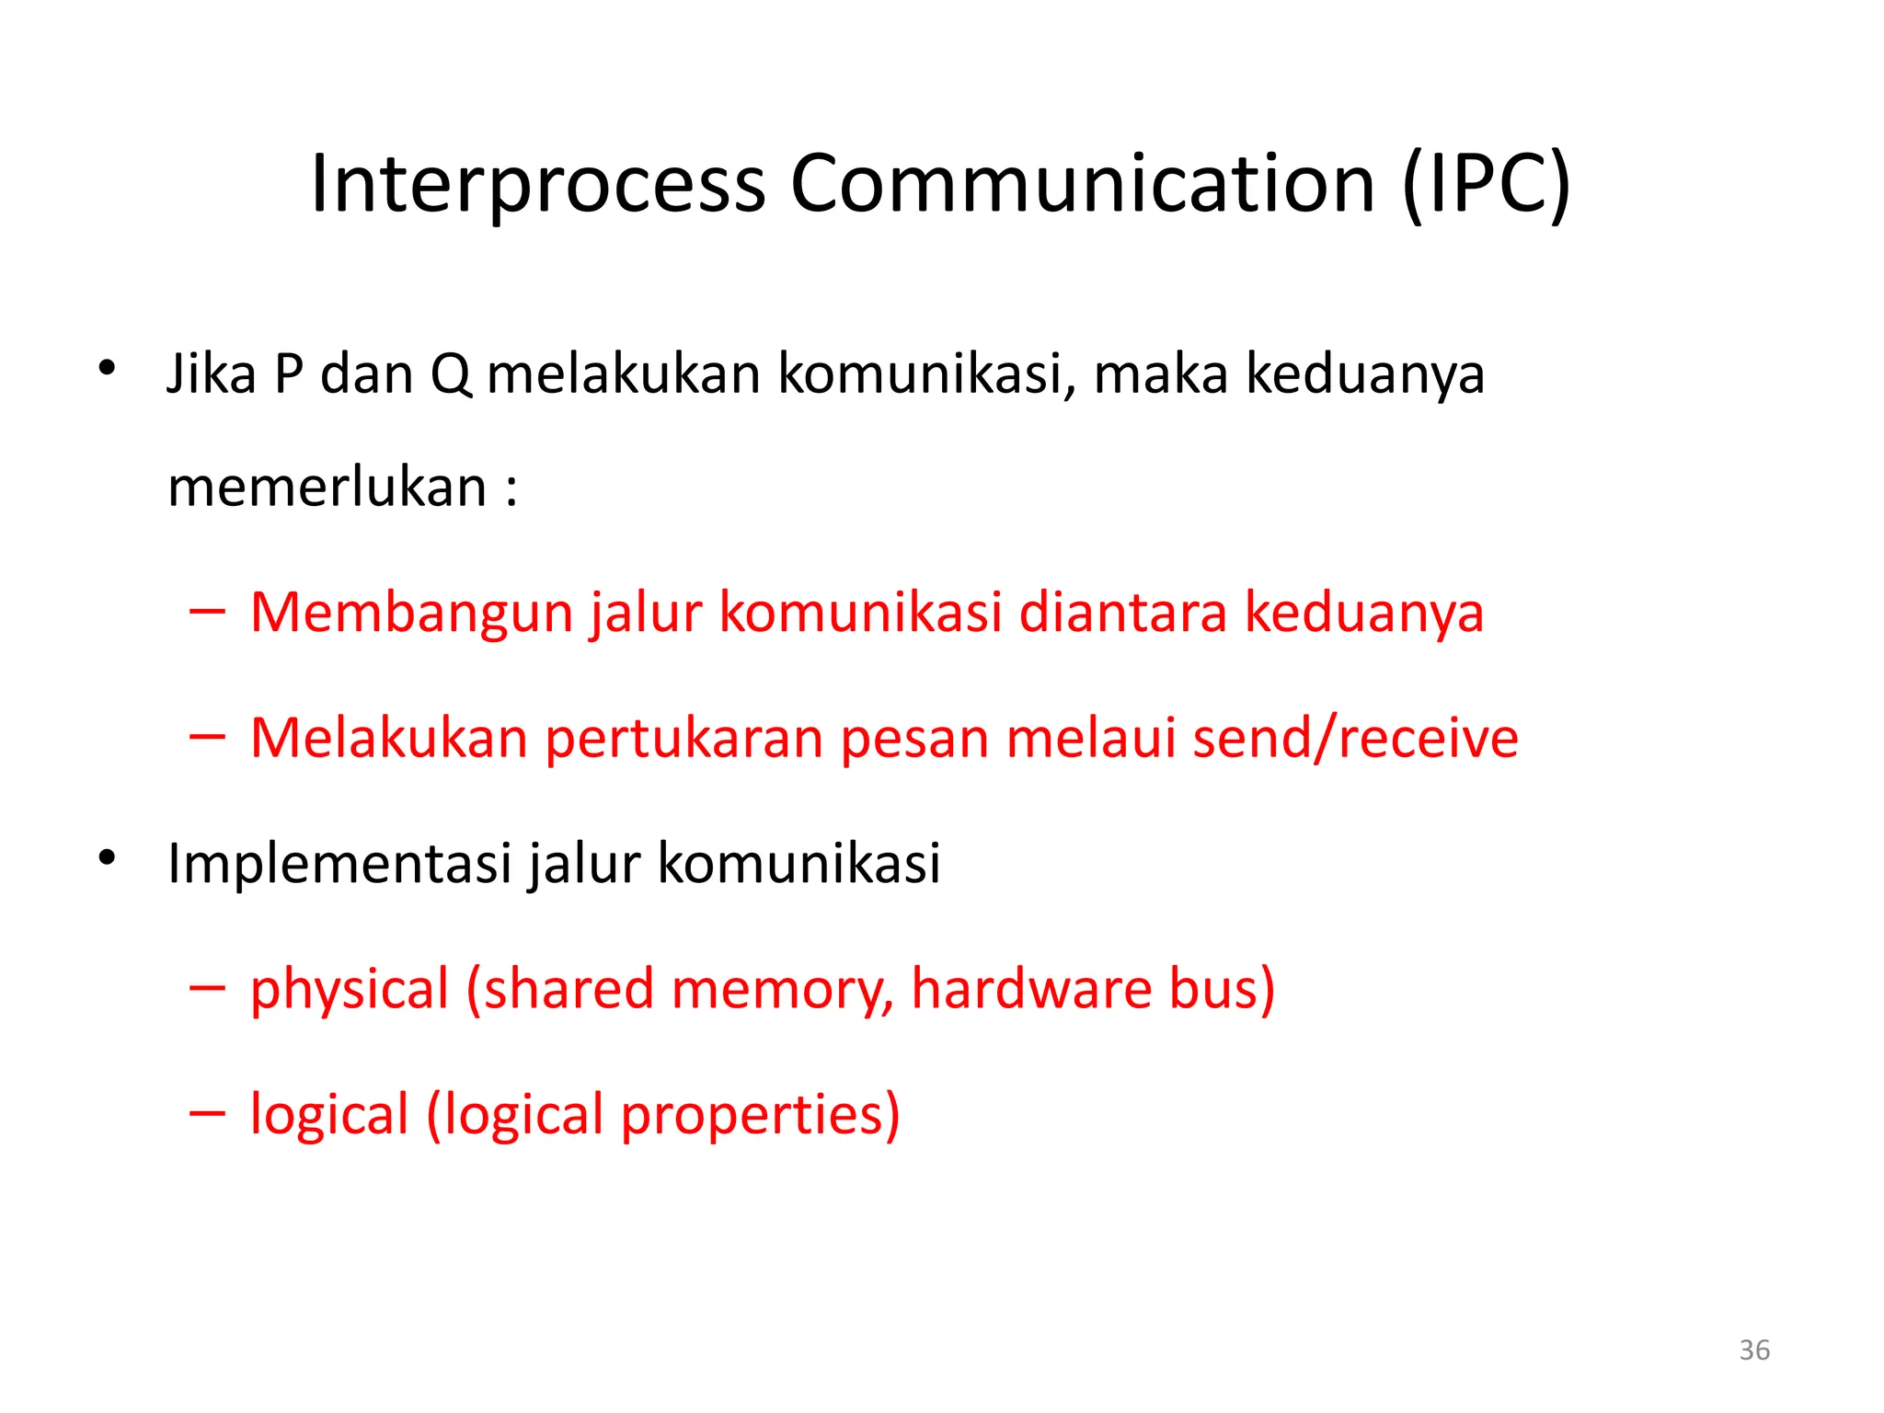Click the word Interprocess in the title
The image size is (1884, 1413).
point(538,184)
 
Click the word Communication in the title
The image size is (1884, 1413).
point(1083,184)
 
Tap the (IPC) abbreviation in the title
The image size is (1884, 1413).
point(1487,184)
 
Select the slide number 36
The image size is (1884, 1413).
point(1754,1350)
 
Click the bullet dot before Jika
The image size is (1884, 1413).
point(108,369)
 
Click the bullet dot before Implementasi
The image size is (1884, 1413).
point(108,858)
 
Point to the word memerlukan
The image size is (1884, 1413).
point(327,488)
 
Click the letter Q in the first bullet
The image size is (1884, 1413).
point(451,374)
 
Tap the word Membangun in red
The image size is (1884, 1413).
point(411,613)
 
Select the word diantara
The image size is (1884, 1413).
point(1122,613)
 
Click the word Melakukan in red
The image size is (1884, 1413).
point(389,738)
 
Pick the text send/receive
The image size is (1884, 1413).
point(1355,738)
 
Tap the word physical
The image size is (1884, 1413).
point(350,990)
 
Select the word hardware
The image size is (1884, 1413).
point(1030,989)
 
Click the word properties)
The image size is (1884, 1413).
point(760,1115)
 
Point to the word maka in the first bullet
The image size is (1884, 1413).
point(1161,374)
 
